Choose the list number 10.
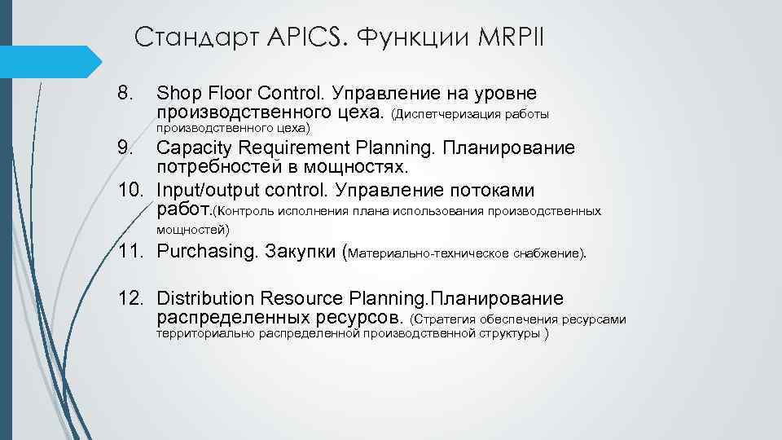click(x=131, y=191)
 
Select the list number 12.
click(x=131, y=298)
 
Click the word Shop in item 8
click(x=178, y=92)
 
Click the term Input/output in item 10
click(x=205, y=191)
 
